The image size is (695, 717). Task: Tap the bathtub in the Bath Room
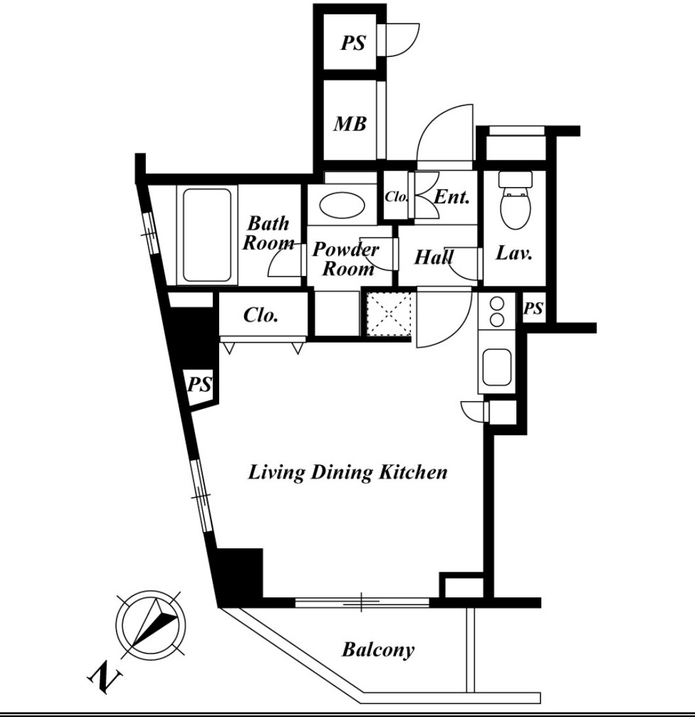point(207,235)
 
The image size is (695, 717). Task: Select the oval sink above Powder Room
point(342,205)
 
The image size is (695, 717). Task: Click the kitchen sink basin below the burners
point(497,368)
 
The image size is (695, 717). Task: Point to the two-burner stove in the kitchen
point(497,311)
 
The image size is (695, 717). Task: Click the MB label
point(350,124)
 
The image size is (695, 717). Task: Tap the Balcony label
point(378,650)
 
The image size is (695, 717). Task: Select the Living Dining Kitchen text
point(347,472)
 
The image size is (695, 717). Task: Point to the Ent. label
point(452,197)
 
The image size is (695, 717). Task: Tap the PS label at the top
point(353,43)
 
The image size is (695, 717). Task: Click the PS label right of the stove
point(533,309)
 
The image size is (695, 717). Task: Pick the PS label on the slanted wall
point(200,384)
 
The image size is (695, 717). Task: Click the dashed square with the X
point(389,314)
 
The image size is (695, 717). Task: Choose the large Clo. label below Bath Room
point(261,315)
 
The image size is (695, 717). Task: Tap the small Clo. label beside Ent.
point(396,197)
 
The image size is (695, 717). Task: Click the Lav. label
point(514,253)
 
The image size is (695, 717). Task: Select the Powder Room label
point(346,259)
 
